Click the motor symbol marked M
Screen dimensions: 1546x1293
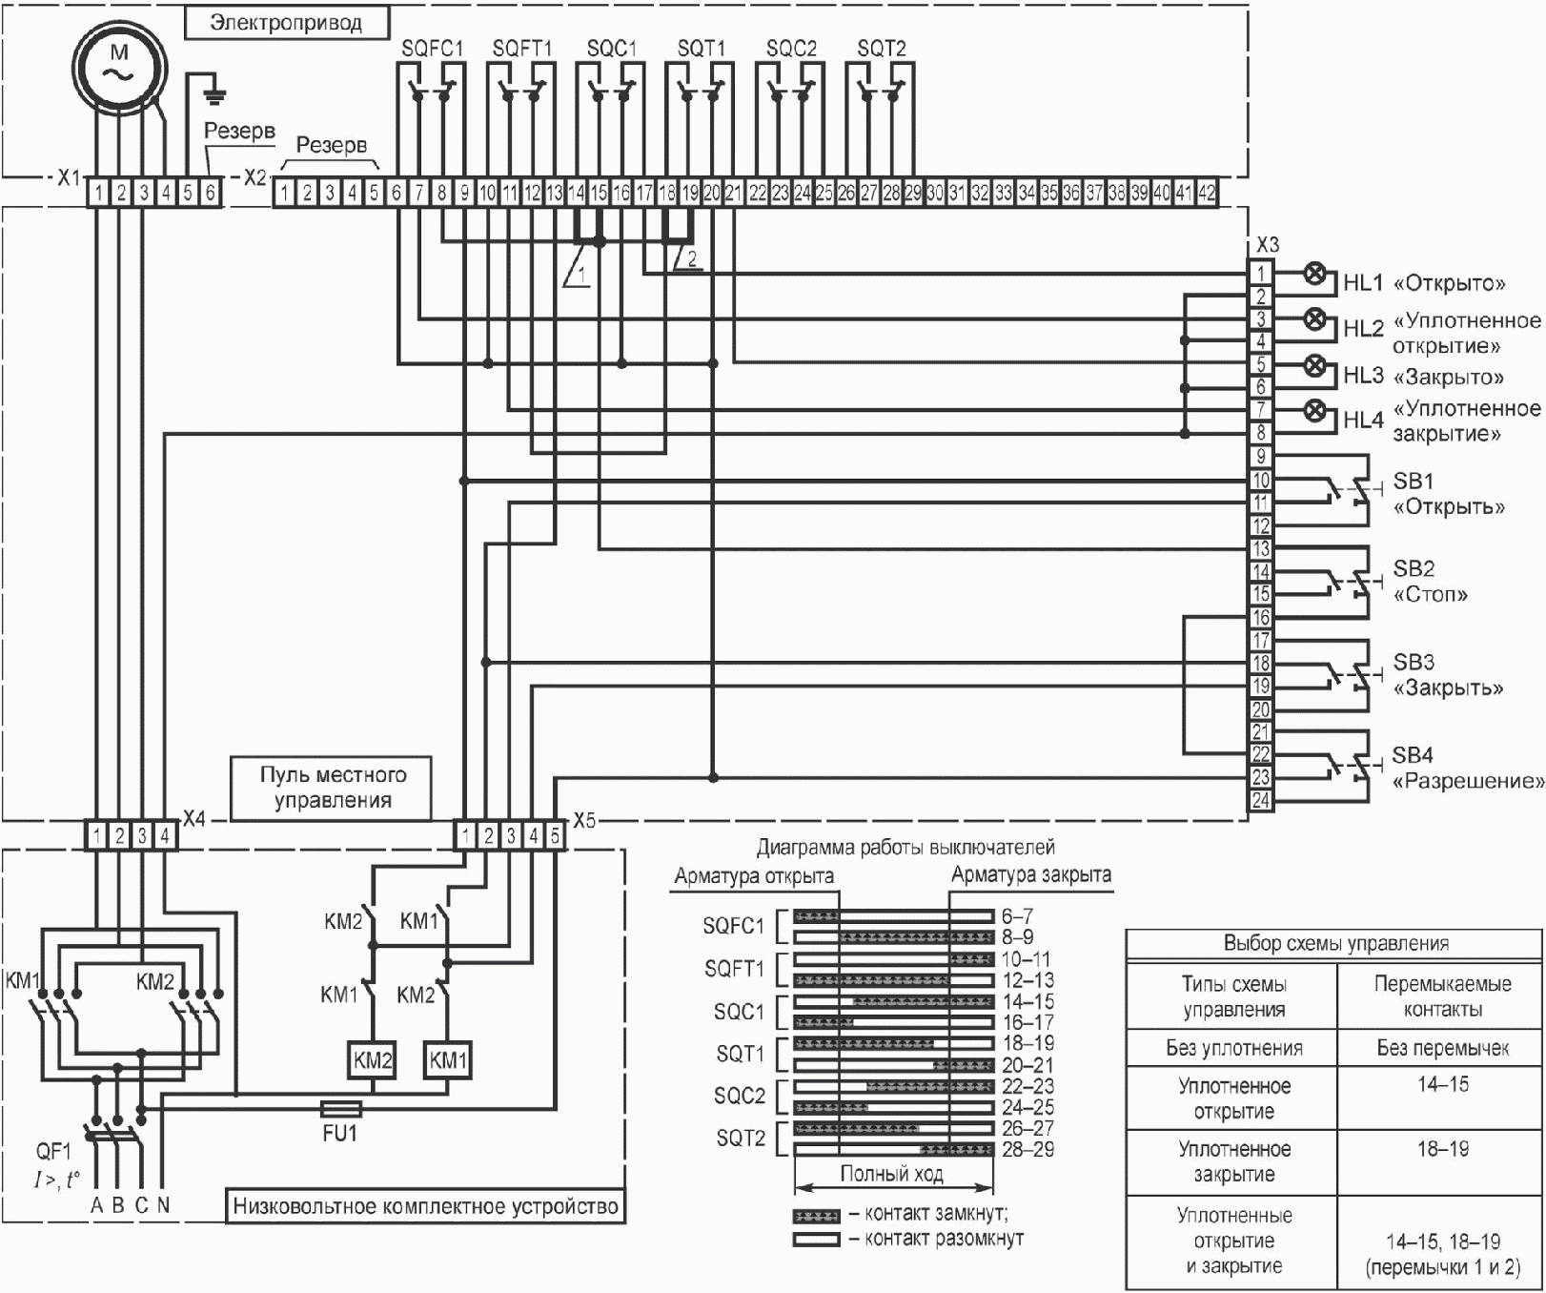tap(119, 65)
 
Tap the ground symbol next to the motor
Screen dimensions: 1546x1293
tap(215, 92)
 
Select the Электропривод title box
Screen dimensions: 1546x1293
tap(286, 22)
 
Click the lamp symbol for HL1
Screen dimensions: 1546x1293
tap(1315, 275)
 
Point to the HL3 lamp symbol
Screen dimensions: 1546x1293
tap(1315, 365)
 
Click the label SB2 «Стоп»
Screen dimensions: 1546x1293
tap(1430, 582)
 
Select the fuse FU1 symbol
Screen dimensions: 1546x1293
tap(339, 1109)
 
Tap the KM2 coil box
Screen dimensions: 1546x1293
tap(373, 1060)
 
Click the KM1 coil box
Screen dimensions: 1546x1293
tap(448, 1060)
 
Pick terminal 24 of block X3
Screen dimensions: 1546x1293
tap(1261, 800)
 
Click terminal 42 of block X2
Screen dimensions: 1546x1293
tap(1207, 194)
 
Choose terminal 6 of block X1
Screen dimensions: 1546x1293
tap(210, 194)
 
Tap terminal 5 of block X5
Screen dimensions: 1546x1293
tap(555, 836)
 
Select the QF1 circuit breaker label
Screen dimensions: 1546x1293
tap(54, 1152)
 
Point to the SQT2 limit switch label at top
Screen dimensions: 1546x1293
tap(882, 49)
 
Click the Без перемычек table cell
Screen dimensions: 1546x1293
tap(1442, 1048)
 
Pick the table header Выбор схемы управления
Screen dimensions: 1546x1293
tap(1335, 944)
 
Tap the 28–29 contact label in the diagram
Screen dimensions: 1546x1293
tap(1027, 1149)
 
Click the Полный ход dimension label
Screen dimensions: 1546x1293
tap(891, 1174)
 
